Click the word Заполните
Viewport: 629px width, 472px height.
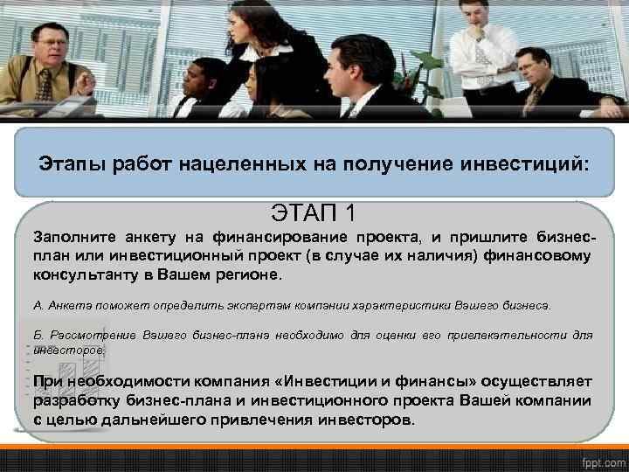point(70,237)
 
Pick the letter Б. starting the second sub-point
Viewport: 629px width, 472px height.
point(38,336)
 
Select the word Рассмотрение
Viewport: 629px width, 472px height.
point(91,336)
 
